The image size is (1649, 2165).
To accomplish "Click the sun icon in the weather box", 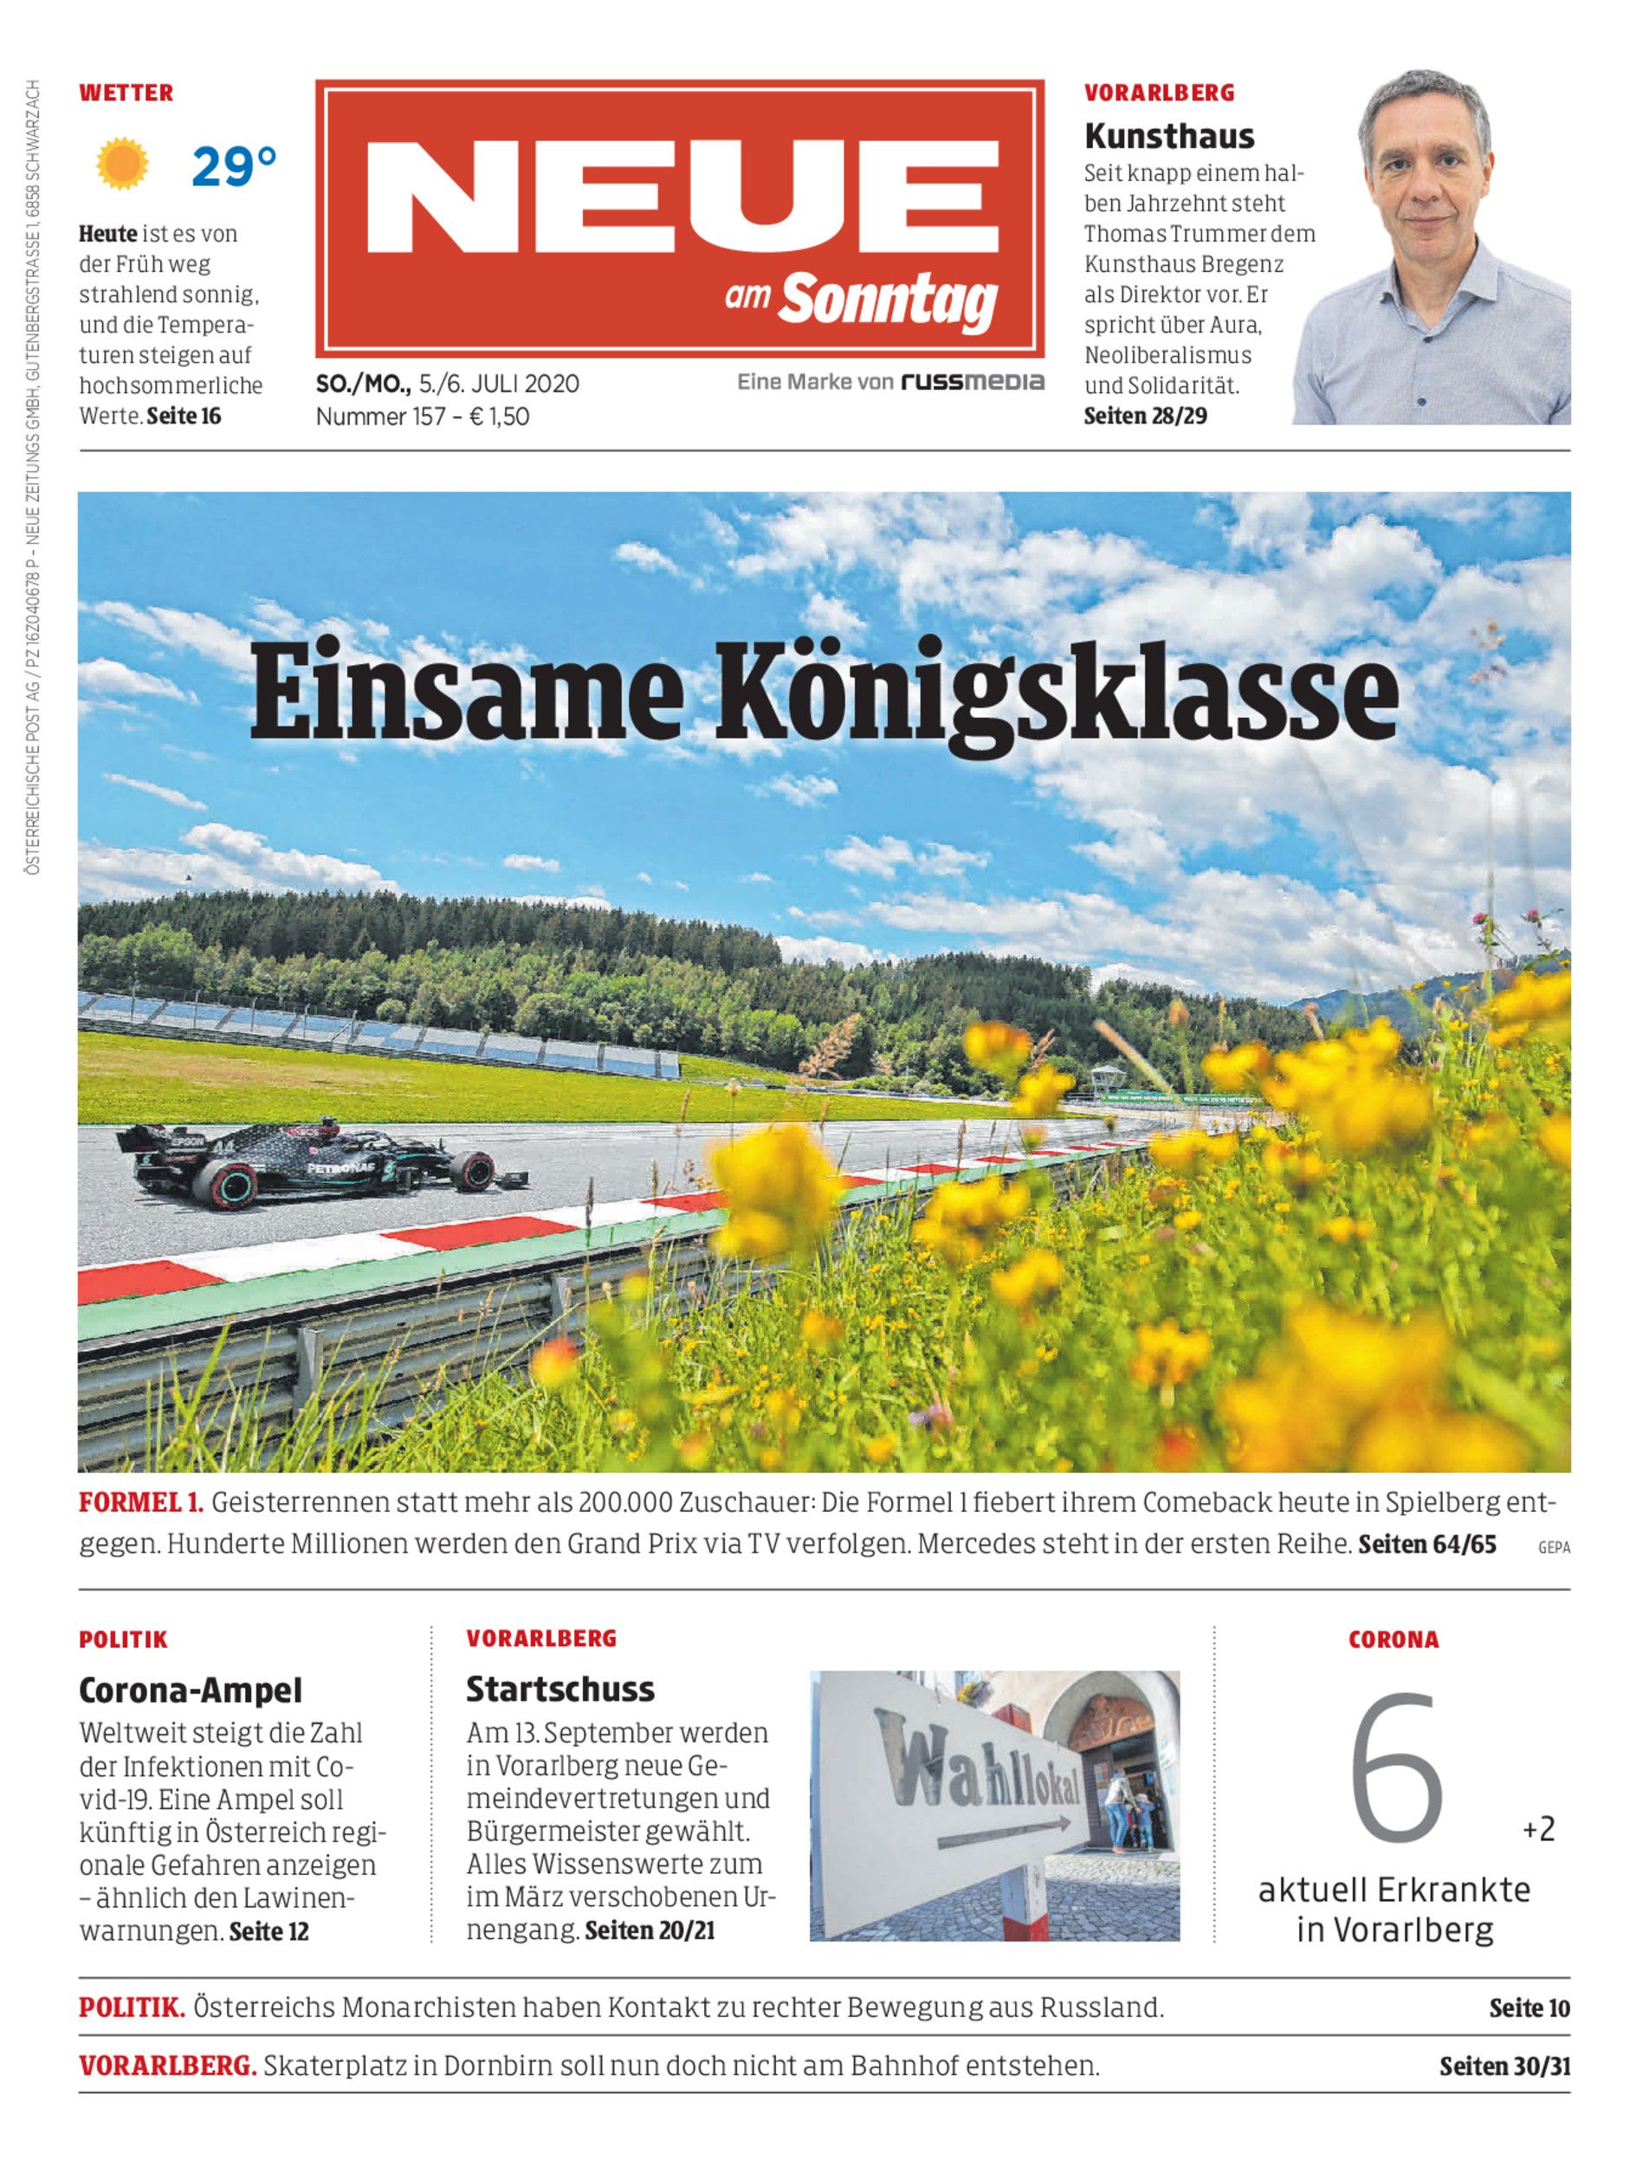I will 123,164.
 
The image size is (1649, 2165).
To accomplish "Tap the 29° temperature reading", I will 234,166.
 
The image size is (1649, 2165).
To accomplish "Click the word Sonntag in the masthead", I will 889,301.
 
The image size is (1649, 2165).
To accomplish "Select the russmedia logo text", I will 972,382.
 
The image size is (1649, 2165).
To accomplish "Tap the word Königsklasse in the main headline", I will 1055,695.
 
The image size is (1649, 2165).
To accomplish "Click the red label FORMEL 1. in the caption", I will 141,1503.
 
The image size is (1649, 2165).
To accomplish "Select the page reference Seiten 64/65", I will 1427,1544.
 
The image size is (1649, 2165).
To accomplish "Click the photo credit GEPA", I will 1554,1548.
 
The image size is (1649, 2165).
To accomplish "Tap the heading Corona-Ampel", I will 191,1690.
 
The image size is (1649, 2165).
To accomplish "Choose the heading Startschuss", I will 560,1689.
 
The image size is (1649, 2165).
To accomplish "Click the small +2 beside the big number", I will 1539,1829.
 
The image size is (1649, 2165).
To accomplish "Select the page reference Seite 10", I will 1529,2008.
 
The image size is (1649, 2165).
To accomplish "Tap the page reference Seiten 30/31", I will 1504,2066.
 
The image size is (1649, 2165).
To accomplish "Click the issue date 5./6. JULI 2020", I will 499,383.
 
